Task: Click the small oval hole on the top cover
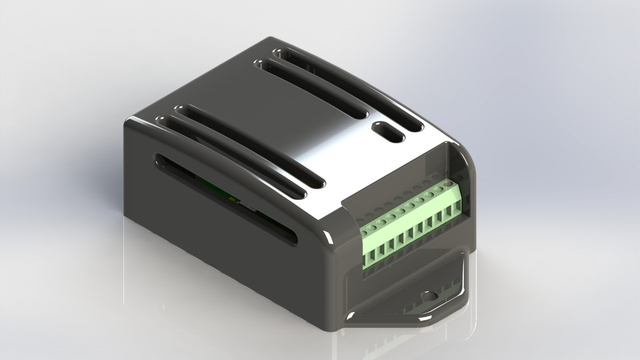click(387, 132)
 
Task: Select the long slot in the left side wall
click(227, 200)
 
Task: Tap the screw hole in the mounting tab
click(428, 295)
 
